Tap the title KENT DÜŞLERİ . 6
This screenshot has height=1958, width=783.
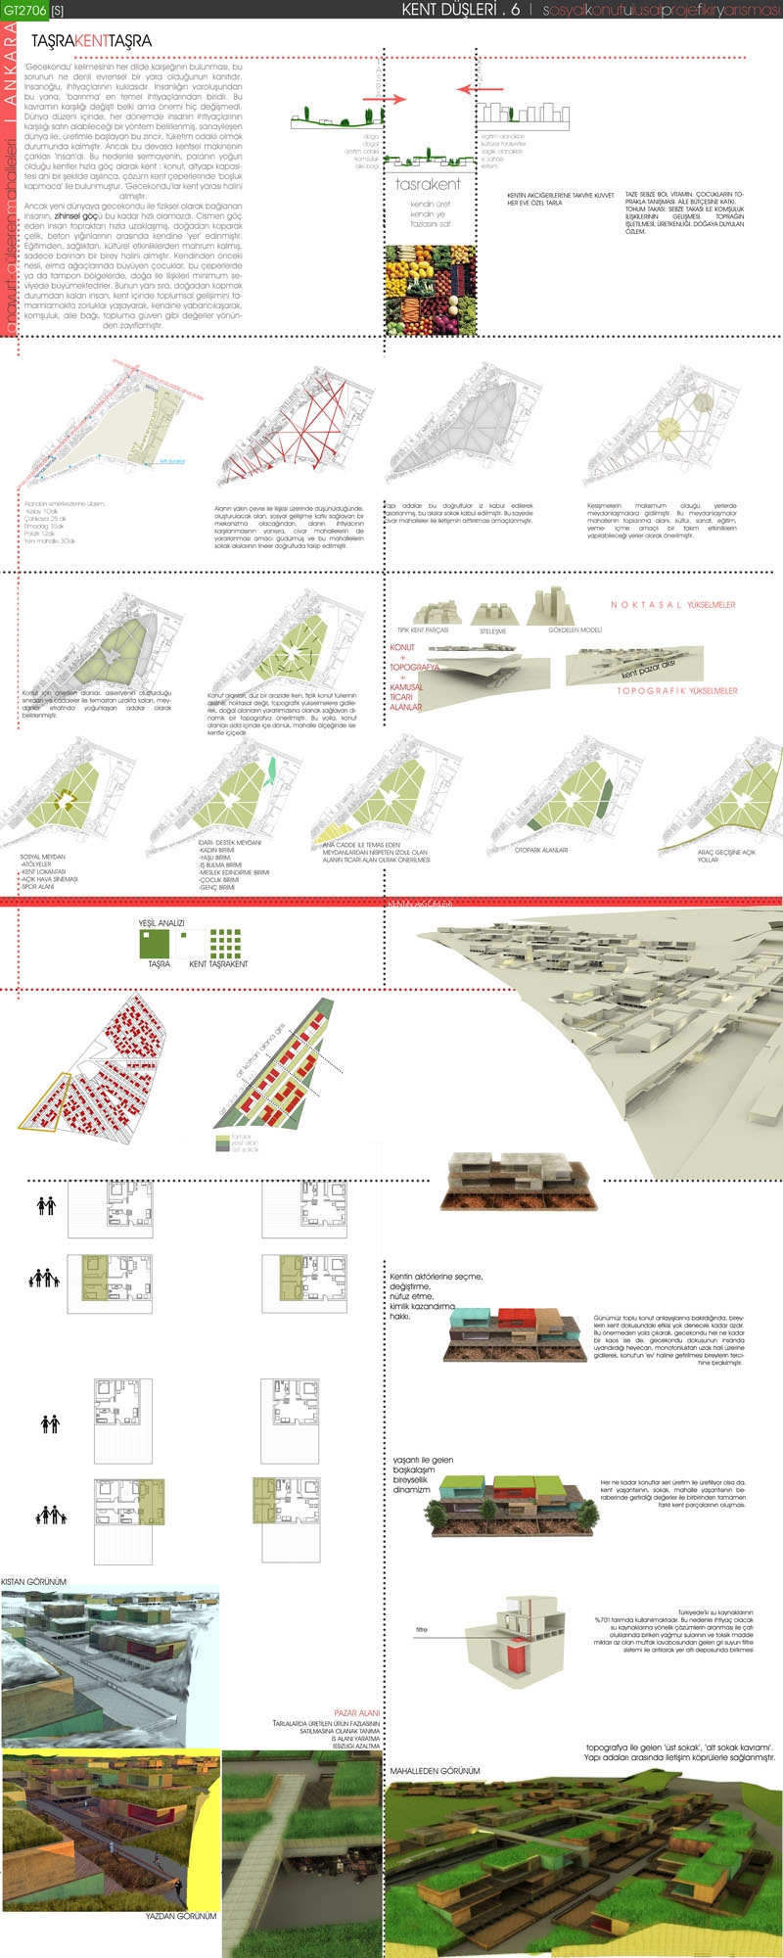click(460, 10)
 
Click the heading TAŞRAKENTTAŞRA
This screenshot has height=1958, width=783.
click(91, 41)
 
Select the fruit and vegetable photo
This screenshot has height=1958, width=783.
click(431, 290)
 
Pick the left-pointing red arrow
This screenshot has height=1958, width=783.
click(480, 89)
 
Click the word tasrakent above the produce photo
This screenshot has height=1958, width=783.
click(428, 184)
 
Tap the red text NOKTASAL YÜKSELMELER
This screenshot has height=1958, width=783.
click(672, 605)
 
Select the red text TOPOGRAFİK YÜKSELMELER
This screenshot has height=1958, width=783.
click(676, 691)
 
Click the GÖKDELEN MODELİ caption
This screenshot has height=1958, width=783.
click(575, 629)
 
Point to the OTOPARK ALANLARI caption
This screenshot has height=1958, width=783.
click(541, 850)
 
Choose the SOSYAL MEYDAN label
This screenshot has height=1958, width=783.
click(43, 857)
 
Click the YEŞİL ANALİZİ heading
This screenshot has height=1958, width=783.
click(161, 923)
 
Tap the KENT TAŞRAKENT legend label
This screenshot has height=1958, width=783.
click(218, 964)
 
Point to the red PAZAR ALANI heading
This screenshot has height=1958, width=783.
click(356, 1713)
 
